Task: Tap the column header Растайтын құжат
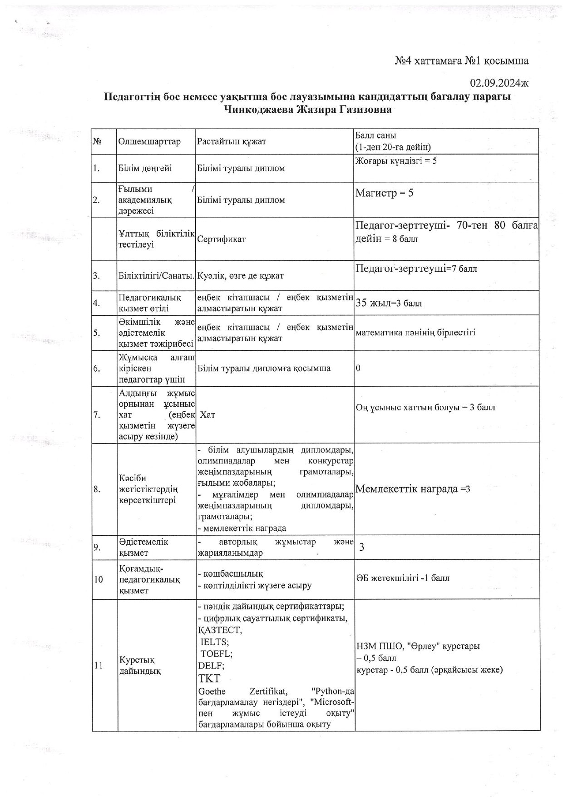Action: coord(231,141)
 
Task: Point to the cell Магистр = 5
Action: coord(384,193)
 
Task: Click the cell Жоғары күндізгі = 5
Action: coord(395,161)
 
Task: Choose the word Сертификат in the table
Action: coord(221,239)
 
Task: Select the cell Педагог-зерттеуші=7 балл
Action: coord(416,269)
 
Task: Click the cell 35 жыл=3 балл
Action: coord(389,303)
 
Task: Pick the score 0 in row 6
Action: coord(358,368)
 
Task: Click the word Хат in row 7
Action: coord(207,414)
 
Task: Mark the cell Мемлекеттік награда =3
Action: coord(412,489)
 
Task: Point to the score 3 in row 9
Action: coord(361,547)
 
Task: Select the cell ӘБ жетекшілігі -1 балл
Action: coord(403,578)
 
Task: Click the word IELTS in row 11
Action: coord(214,642)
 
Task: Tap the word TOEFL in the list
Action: coord(216,653)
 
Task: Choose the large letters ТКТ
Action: coord(209,678)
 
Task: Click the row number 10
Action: coord(99,579)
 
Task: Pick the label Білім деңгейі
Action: coord(145,168)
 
